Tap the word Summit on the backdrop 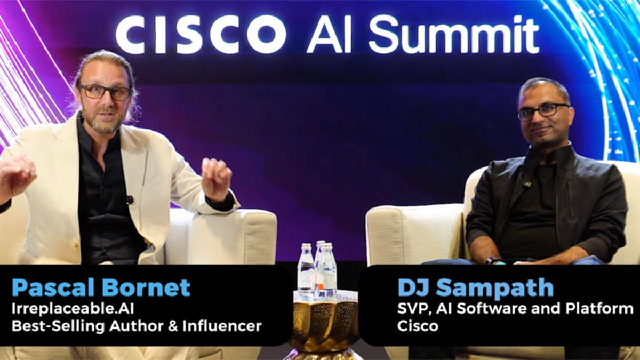coord(454,35)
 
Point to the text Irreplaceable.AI coord(73,309)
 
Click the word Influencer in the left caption coord(222,326)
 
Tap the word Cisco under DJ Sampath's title coord(418,326)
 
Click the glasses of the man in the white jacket coord(105,91)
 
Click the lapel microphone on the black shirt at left coord(130,199)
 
